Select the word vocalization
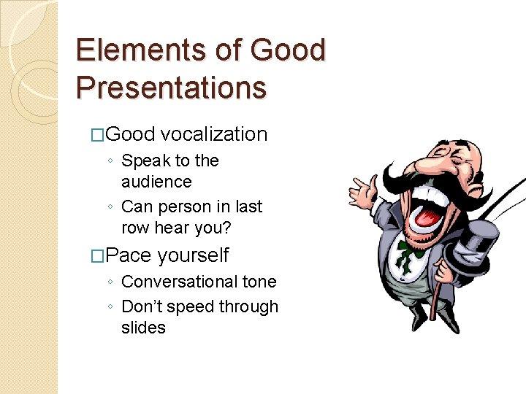click(x=214, y=134)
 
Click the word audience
click(x=156, y=182)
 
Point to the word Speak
click(x=145, y=161)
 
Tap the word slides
click(x=143, y=328)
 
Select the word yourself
click(x=194, y=255)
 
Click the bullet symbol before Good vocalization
click(x=99, y=135)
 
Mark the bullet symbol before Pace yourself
click(x=99, y=256)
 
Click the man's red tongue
click(x=430, y=211)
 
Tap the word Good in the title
click(x=287, y=51)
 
